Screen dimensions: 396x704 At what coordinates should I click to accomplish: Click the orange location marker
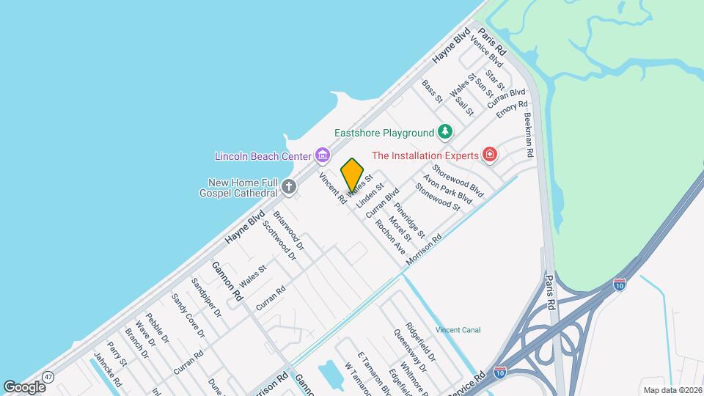[353, 175]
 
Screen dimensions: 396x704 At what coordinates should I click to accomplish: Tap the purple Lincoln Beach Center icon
[321, 155]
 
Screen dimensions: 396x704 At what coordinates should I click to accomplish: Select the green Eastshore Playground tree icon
[444, 132]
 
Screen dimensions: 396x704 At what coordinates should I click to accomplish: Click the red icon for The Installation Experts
[490, 155]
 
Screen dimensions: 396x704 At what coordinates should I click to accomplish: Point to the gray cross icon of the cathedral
[289, 186]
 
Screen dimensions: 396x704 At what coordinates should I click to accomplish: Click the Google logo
[24, 386]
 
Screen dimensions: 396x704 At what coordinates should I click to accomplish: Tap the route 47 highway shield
[48, 376]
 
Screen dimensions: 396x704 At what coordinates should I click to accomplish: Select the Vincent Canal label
[458, 330]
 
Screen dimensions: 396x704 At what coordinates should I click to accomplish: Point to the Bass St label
[433, 91]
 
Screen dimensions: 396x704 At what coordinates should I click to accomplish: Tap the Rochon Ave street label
[389, 237]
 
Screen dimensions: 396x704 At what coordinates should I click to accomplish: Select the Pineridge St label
[408, 219]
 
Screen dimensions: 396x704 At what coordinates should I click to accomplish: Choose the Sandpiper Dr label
[206, 297]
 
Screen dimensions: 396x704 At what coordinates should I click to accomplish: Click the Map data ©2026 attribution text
[672, 389]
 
